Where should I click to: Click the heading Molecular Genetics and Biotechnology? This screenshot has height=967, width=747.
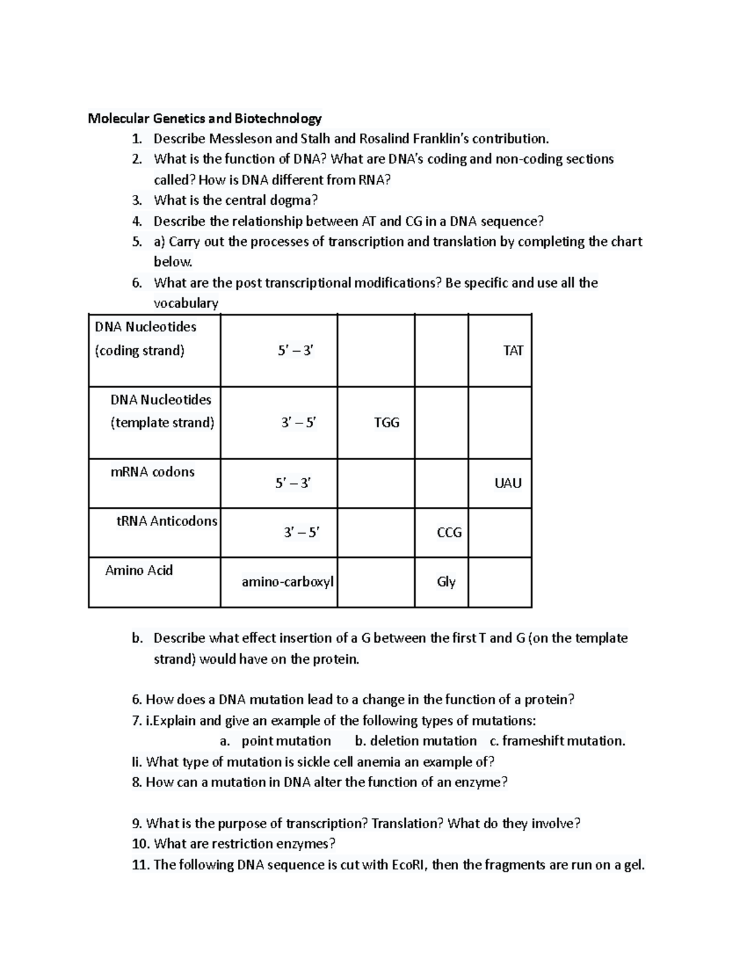pyautogui.click(x=204, y=118)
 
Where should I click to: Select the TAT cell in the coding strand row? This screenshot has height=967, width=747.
pyautogui.click(x=513, y=351)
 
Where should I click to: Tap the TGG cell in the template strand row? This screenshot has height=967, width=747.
pyautogui.click(x=387, y=423)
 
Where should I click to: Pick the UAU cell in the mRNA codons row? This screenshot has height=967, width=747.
pyautogui.click(x=508, y=483)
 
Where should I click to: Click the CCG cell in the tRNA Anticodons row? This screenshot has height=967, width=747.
pyautogui.click(x=449, y=532)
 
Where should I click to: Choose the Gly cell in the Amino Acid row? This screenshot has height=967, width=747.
pyautogui.click(x=446, y=582)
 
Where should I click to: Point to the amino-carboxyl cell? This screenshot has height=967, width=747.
pyautogui.click(x=288, y=582)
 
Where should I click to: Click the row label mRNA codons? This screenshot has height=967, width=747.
pyautogui.click(x=153, y=472)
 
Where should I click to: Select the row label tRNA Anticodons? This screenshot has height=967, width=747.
pyautogui.click(x=167, y=521)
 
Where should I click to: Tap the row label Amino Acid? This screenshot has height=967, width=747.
pyautogui.click(x=139, y=570)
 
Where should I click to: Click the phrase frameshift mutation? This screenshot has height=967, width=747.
pyautogui.click(x=563, y=741)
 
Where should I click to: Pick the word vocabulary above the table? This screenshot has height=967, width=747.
pyautogui.click(x=186, y=303)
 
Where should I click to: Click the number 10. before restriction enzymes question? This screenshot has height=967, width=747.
pyautogui.click(x=141, y=844)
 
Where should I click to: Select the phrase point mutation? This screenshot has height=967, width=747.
pyautogui.click(x=286, y=741)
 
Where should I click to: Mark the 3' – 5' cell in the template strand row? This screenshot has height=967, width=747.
pyautogui.click(x=299, y=423)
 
